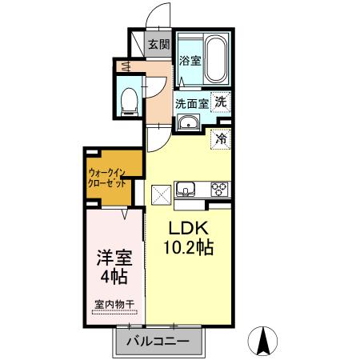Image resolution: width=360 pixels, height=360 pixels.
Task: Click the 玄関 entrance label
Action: coord(158,45)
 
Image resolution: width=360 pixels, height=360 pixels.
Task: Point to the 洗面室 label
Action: coord(192,102)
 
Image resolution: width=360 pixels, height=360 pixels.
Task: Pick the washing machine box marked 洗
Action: coord(221,102)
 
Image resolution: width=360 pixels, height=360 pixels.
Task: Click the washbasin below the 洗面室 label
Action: coord(189,122)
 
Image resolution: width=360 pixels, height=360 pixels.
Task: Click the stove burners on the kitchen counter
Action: coord(218,190)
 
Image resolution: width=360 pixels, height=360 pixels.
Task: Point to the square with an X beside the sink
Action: coord(160,193)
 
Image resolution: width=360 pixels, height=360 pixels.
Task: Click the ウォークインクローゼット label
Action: coord(107,177)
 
